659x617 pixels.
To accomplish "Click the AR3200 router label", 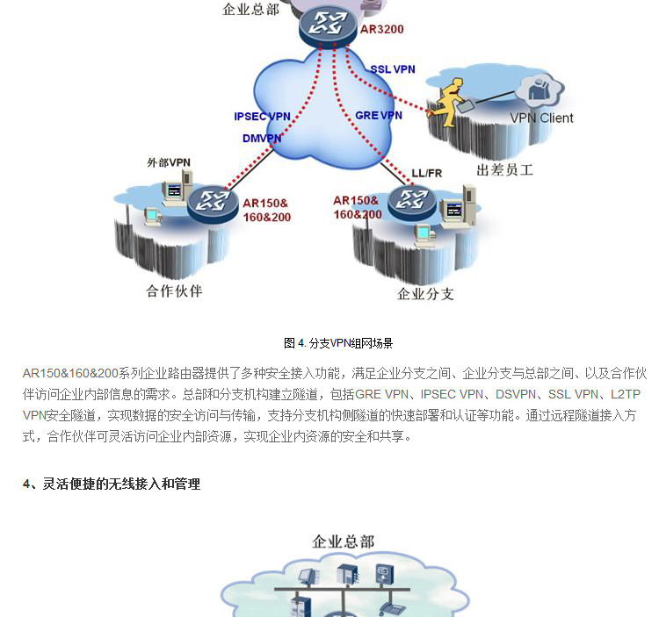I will pos(382,29).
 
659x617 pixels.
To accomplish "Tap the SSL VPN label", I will pos(392,69).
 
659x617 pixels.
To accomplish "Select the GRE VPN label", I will pos(378,115).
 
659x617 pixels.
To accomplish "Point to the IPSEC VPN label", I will pos(262,116).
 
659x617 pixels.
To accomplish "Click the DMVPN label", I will pos(263,138).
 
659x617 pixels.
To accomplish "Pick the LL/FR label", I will pos(426,173).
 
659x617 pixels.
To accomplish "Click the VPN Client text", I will pos(541,118).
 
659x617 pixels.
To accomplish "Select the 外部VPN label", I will pos(168,162).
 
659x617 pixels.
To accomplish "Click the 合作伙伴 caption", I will pos(174,291).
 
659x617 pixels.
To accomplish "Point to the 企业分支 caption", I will pos(425,293).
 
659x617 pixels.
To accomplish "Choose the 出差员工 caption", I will pos(504,169).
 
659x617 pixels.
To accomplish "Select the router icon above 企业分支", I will pos(410,202).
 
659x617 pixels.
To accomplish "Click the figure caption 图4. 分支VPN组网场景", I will pos(337,343).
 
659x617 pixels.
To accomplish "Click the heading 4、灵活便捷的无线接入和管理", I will pos(112,484).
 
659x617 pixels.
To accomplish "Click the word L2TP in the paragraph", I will pos(627,394).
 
